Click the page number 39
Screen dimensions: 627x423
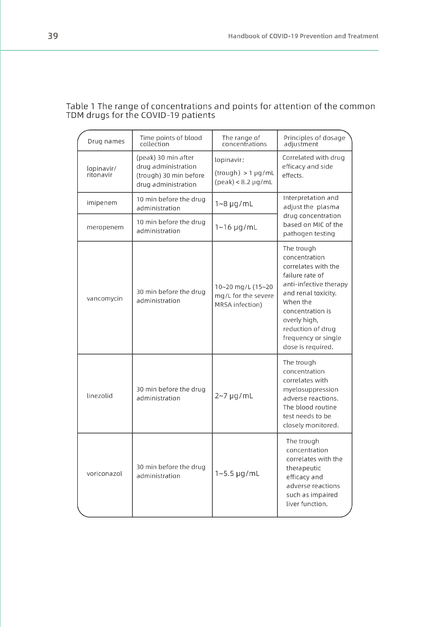tap(53, 36)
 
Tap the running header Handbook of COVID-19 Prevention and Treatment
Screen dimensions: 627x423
tap(303, 36)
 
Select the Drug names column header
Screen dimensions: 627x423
tap(106, 141)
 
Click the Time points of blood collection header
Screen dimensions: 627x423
tap(171, 141)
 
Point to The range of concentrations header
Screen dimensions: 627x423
tap(244, 141)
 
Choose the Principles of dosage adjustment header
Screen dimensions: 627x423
tap(314, 141)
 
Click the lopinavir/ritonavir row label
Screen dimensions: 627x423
tap(101, 172)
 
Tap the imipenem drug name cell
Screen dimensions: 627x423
tap(102, 203)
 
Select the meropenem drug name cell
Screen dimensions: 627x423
tap(105, 227)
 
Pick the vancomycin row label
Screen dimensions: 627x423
tap(104, 298)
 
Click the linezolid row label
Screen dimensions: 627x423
tap(100, 396)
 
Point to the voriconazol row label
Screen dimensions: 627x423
tap(104, 474)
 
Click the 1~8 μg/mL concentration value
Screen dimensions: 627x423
tap(234, 204)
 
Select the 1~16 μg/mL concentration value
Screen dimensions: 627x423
tap(236, 228)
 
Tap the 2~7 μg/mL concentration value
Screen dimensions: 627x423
tap(234, 396)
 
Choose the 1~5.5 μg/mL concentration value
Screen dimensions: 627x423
tap(237, 474)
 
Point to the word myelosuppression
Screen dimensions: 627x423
tap(311, 389)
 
